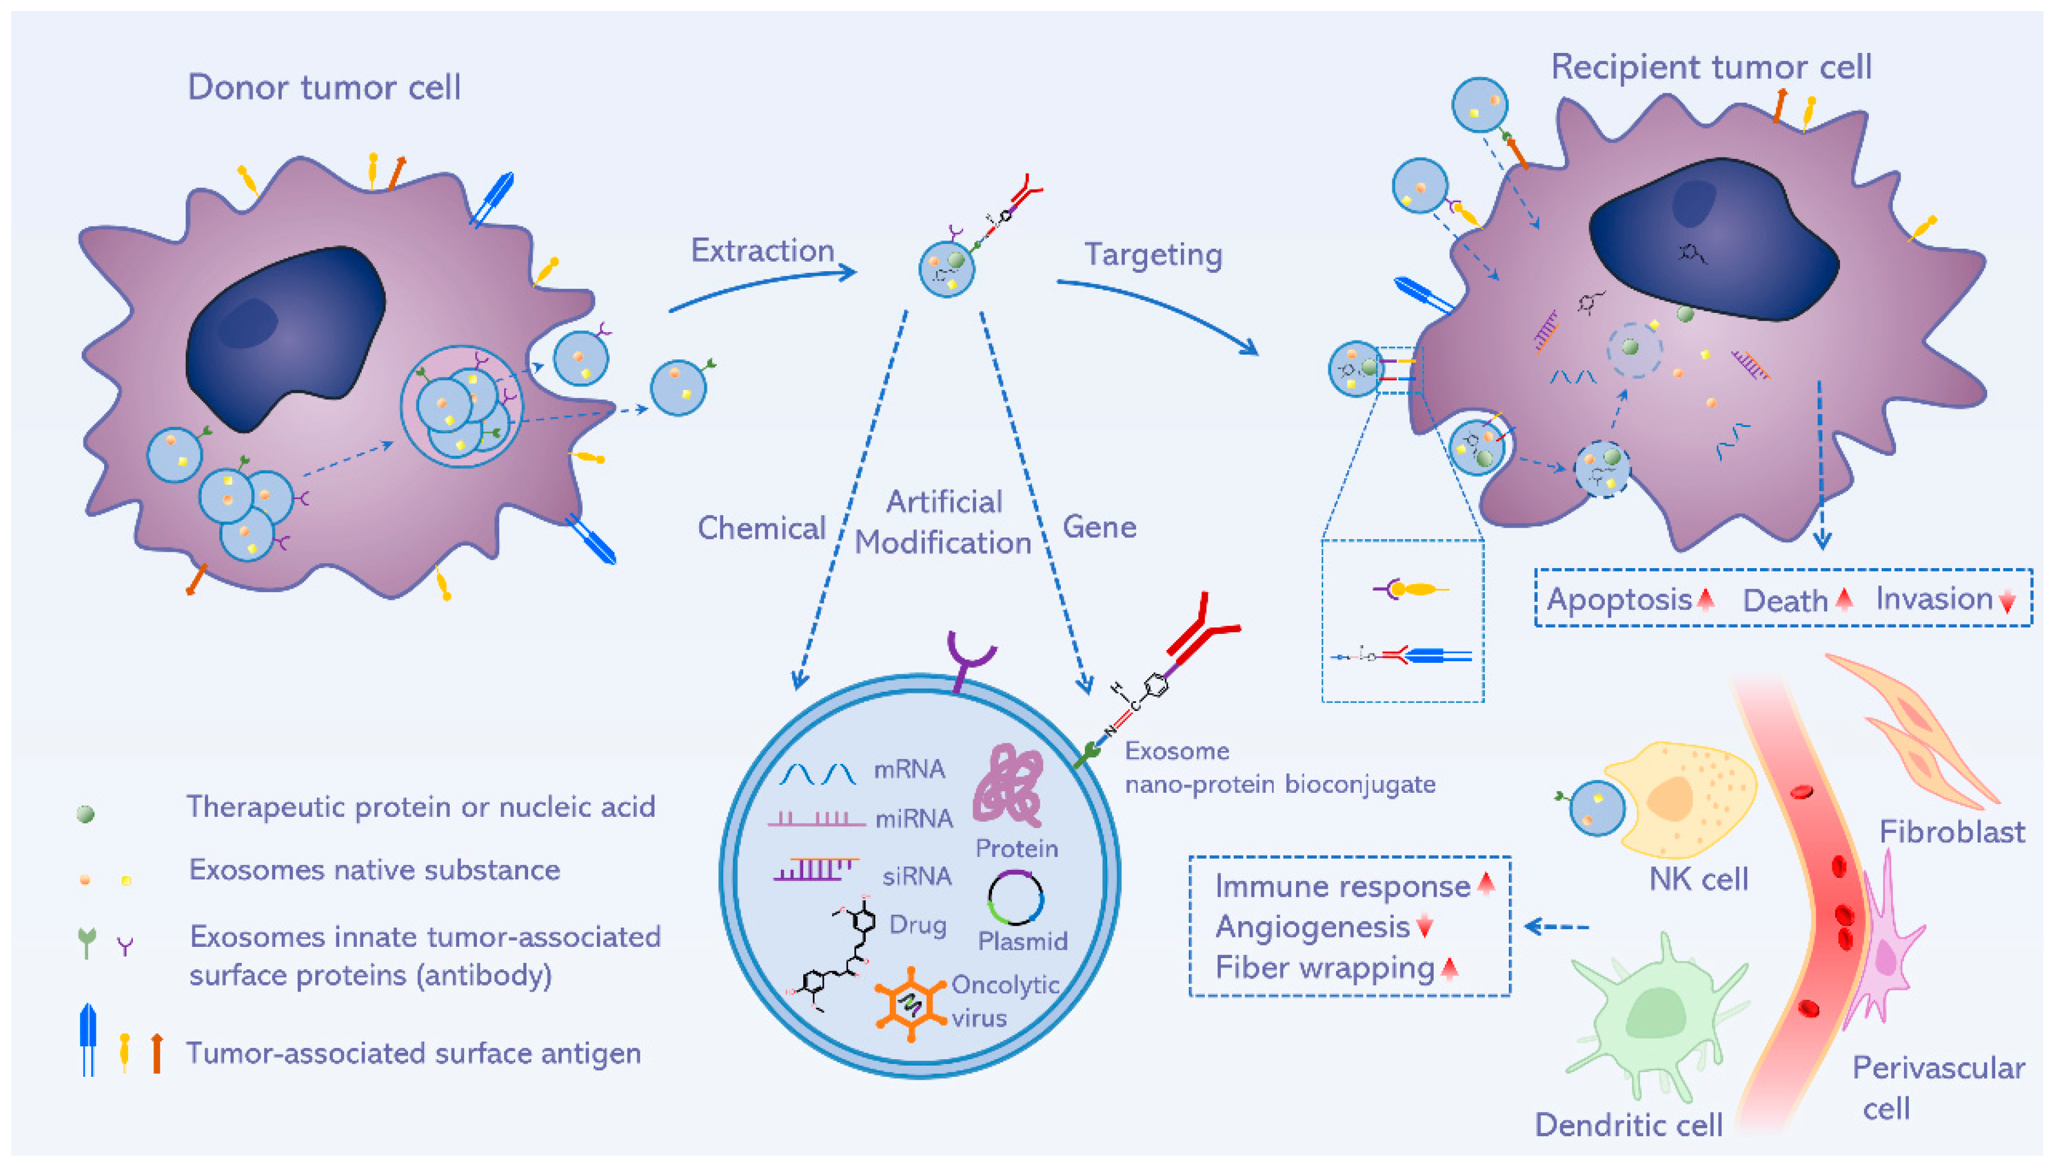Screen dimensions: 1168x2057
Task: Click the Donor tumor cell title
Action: click(324, 86)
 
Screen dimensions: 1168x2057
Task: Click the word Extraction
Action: click(763, 251)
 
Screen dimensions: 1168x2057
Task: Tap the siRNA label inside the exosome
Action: click(917, 876)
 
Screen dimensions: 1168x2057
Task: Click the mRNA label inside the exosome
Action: click(909, 769)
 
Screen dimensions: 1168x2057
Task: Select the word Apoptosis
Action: click(1618, 599)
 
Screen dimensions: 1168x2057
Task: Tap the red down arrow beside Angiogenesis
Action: click(1424, 926)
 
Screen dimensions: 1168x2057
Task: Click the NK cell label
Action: click(1698, 879)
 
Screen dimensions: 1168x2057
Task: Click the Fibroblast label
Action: click(1952, 832)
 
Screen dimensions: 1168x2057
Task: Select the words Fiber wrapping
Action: click(1324, 967)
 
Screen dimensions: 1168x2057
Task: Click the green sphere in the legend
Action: click(85, 814)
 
